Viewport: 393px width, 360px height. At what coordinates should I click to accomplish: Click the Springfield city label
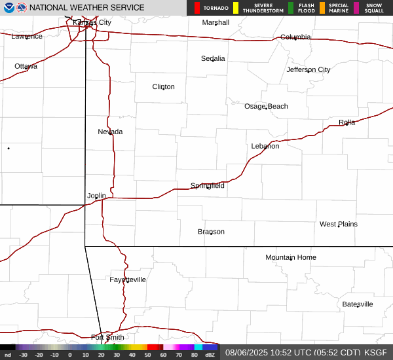tap(208, 186)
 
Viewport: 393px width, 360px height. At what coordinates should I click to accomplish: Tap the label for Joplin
tap(96, 196)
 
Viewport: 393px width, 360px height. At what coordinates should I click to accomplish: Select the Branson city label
tap(211, 232)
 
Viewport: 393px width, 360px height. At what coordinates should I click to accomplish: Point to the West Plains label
tap(338, 224)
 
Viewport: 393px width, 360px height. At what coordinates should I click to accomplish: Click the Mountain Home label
tap(290, 257)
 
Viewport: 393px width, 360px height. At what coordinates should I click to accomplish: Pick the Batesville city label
tap(357, 304)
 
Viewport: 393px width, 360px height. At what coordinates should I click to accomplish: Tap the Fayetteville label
tap(128, 279)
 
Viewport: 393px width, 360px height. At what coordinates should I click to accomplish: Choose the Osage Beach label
tap(266, 106)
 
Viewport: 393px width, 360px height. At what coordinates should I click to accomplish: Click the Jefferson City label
tap(308, 69)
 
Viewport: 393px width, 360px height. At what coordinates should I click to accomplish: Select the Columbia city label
tap(295, 37)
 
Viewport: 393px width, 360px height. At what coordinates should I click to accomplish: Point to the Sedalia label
tap(213, 58)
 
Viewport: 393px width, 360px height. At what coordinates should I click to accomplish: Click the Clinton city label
tap(163, 86)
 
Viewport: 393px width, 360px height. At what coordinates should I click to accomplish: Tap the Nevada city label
tap(110, 132)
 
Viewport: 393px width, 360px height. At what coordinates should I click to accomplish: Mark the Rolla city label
tap(346, 122)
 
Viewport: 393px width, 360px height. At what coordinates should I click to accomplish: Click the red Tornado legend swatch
tap(197, 8)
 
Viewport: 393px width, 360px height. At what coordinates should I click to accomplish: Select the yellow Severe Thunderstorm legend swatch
tap(236, 8)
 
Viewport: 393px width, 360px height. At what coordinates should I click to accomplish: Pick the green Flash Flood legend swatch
tap(291, 8)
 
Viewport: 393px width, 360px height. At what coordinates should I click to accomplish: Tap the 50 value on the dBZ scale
tap(148, 355)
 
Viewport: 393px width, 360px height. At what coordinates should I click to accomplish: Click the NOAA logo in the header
tap(9, 8)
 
